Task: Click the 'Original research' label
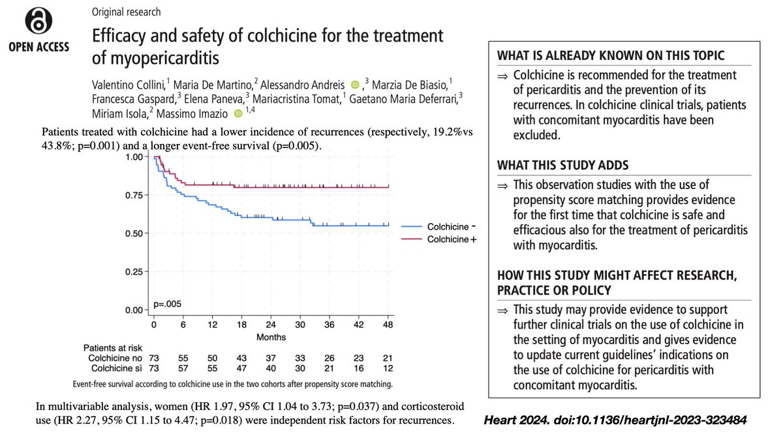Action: point(126,12)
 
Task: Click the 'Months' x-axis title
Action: point(271,336)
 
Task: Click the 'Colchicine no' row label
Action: point(113,359)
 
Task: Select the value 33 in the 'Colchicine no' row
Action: point(300,359)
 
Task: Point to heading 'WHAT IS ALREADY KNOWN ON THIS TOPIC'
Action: point(611,55)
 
